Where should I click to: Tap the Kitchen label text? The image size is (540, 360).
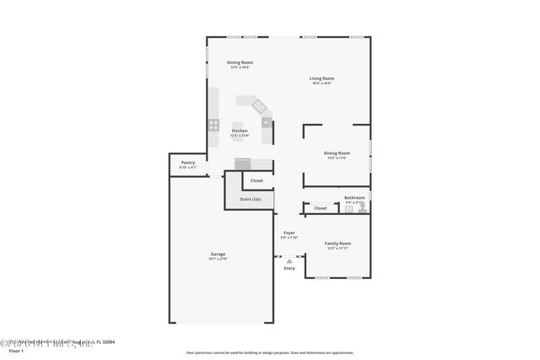(240, 131)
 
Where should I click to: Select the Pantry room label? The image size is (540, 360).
(187, 163)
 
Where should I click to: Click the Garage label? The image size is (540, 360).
(218, 254)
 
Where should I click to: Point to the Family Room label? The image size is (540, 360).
(337, 243)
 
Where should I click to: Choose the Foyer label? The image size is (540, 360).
(289, 232)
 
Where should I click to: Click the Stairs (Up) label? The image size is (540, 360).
(250, 199)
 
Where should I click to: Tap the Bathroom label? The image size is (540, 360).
(354, 197)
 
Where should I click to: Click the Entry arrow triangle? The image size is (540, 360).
(289, 261)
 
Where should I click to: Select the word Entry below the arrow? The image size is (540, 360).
(289, 268)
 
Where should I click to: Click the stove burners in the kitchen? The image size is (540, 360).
(213, 126)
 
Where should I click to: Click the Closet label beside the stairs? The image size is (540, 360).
(256, 180)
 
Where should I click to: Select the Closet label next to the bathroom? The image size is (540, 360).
(321, 207)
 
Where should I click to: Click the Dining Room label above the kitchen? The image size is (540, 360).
(240, 62)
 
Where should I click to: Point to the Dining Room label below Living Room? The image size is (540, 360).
(337, 153)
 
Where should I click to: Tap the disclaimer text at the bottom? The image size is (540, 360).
(270, 352)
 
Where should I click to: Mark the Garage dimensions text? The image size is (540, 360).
(218, 259)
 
